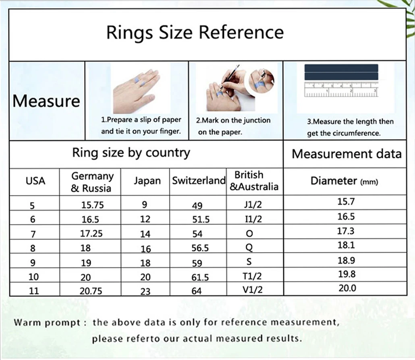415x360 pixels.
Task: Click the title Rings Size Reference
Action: click(195, 33)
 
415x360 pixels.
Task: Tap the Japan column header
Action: click(147, 181)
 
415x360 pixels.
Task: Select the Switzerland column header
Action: click(199, 181)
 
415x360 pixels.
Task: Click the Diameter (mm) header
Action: click(344, 181)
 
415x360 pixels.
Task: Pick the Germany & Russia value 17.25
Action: click(91, 234)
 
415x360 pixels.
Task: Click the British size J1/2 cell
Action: click(253, 204)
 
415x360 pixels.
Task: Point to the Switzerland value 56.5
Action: click(200, 248)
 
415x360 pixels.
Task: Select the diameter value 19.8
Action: click(347, 274)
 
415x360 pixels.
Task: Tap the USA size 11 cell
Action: click(34, 291)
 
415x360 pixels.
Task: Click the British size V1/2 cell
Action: click(253, 290)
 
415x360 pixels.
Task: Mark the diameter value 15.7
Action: click(346, 202)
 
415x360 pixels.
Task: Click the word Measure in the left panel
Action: click(46, 101)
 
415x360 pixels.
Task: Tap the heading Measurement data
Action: click(347, 154)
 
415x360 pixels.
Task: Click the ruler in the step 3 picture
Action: click(341, 89)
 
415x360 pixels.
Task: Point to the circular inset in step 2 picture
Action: click(262, 81)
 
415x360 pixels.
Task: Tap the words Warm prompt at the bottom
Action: click(47, 323)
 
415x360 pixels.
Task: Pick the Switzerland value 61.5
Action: click(200, 277)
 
